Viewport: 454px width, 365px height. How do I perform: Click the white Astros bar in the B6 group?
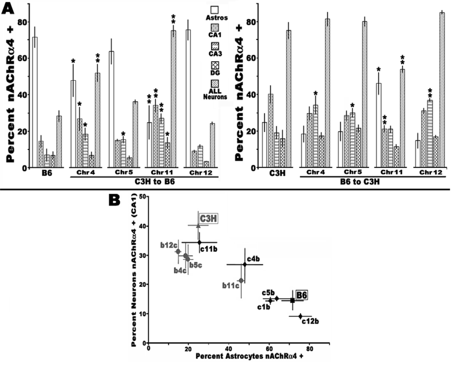click(x=35, y=102)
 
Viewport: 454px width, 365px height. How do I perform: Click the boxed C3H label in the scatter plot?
click(x=208, y=219)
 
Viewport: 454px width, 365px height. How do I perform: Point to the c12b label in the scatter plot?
click(x=310, y=321)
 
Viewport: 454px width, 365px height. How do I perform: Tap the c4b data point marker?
click(x=245, y=264)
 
